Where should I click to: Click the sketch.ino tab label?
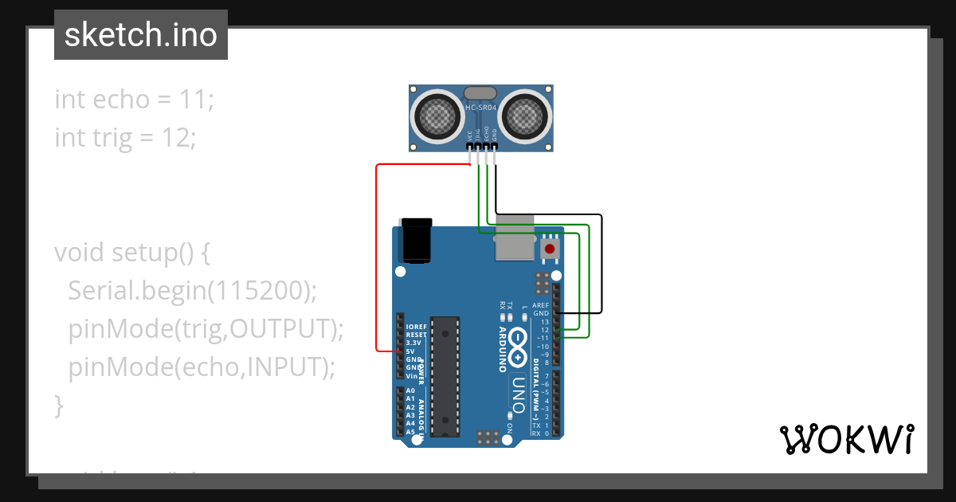[141, 35]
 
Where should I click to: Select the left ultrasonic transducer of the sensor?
[436, 116]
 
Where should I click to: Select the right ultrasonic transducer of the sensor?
[525, 116]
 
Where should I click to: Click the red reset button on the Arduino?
[549, 249]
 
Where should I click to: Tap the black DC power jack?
[417, 241]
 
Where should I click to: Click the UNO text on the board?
[518, 390]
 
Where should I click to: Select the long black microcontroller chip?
[446, 375]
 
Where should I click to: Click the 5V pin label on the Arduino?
[410, 351]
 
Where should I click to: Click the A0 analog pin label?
[410, 391]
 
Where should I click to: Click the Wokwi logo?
[846, 439]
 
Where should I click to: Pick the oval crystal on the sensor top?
[480, 93]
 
